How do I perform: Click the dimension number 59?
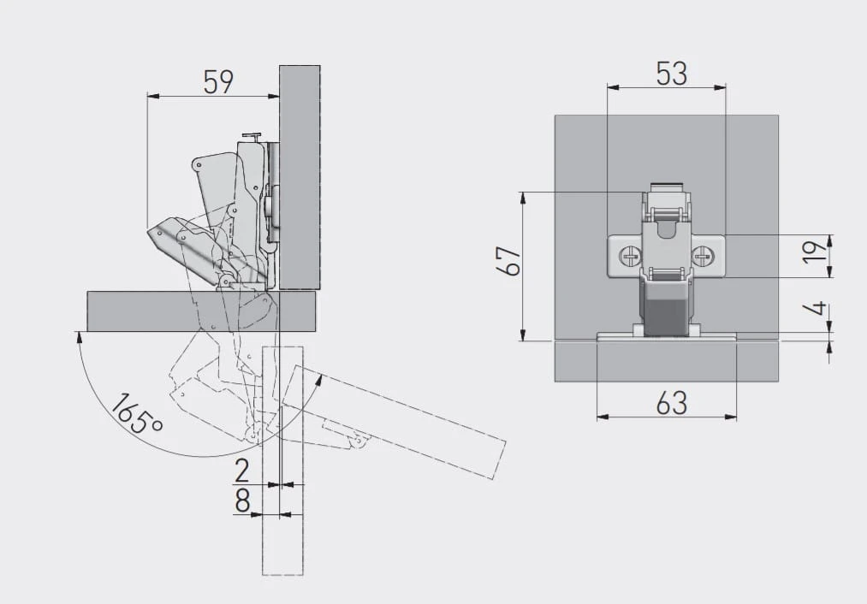click(x=218, y=82)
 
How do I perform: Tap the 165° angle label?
click(x=136, y=414)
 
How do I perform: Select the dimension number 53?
click(x=672, y=74)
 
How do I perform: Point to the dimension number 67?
click(x=508, y=260)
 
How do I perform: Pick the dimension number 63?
click(x=672, y=403)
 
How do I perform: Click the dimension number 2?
click(x=242, y=471)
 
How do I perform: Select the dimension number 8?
click(x=242, y=501)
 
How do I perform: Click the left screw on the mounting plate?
click(x=630, y=256)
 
